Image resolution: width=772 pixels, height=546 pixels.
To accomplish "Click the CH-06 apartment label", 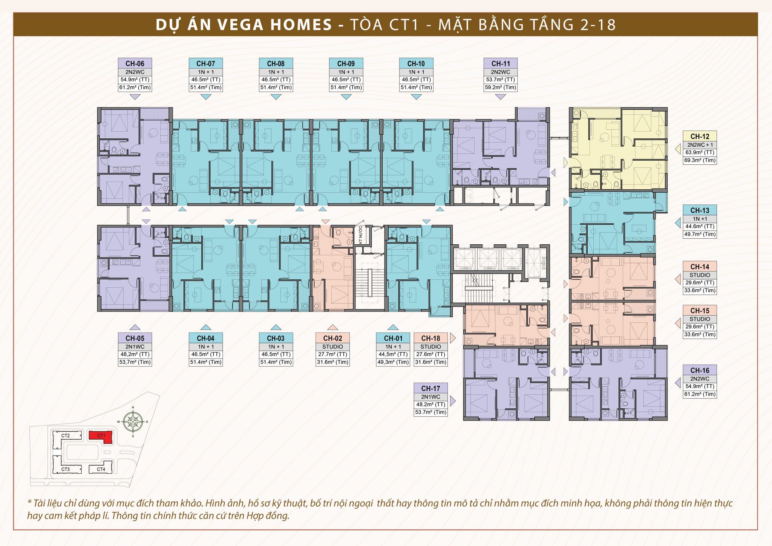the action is click(x=135, y=63).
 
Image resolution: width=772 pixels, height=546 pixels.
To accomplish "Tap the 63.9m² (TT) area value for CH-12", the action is click(x=700, y=153).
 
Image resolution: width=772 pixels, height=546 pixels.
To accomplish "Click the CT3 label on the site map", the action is click(x=66, y=469).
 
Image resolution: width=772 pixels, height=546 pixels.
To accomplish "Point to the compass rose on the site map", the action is click(x=133, y=422).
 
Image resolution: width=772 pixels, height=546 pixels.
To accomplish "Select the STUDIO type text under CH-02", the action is click(x=332, y=347).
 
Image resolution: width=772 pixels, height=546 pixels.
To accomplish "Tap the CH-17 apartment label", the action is click(x=430, y=388).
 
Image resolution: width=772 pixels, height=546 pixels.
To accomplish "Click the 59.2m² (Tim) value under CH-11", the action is click(x=500, y=87).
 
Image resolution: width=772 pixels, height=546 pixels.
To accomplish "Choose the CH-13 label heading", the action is click(x=700, y=210).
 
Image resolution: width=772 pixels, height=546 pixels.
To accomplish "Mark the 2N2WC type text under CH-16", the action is click(x=700, y=379).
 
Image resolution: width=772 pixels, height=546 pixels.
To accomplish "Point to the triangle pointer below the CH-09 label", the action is click(x=346, y=97).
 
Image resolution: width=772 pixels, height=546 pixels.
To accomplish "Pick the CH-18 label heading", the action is click(x=430, y=338).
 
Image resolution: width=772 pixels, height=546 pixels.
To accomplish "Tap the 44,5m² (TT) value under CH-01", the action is click(x=393, y=354).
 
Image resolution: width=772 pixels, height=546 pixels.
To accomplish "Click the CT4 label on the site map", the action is click(x=101, y=469).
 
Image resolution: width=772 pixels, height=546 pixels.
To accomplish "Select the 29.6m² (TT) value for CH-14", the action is click(x=700, y=283).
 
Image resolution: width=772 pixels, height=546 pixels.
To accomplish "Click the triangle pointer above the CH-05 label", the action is click(x=135, y=327).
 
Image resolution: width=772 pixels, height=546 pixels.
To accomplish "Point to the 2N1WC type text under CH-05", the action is click(x=135, y=347).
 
